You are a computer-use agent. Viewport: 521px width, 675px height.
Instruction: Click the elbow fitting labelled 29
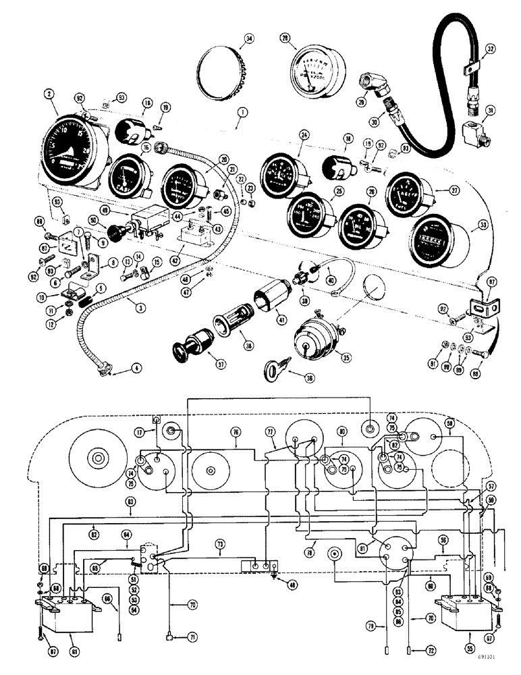[373, 84]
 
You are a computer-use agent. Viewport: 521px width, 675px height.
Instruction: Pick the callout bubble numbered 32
[491, 48]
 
